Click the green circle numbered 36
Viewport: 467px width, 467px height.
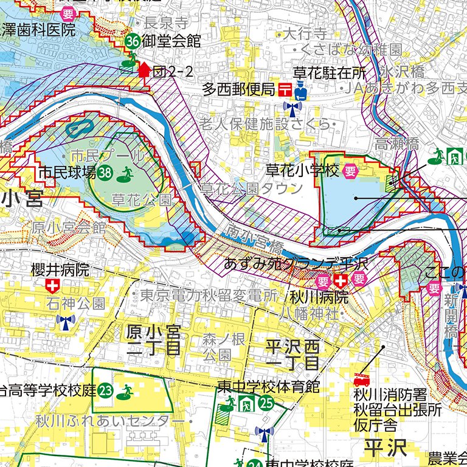click(133, 41)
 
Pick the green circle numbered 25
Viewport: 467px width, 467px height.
click(266, 401)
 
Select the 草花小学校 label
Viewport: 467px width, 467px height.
click(302, 170)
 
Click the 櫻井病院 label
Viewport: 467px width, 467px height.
click(60, 269)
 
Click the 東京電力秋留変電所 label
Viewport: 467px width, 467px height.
click(209, 296)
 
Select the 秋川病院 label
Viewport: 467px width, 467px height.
click(319, 297)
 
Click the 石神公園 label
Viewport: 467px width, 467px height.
click(77, 303)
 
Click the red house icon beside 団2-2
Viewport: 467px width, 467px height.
click(144, 70)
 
